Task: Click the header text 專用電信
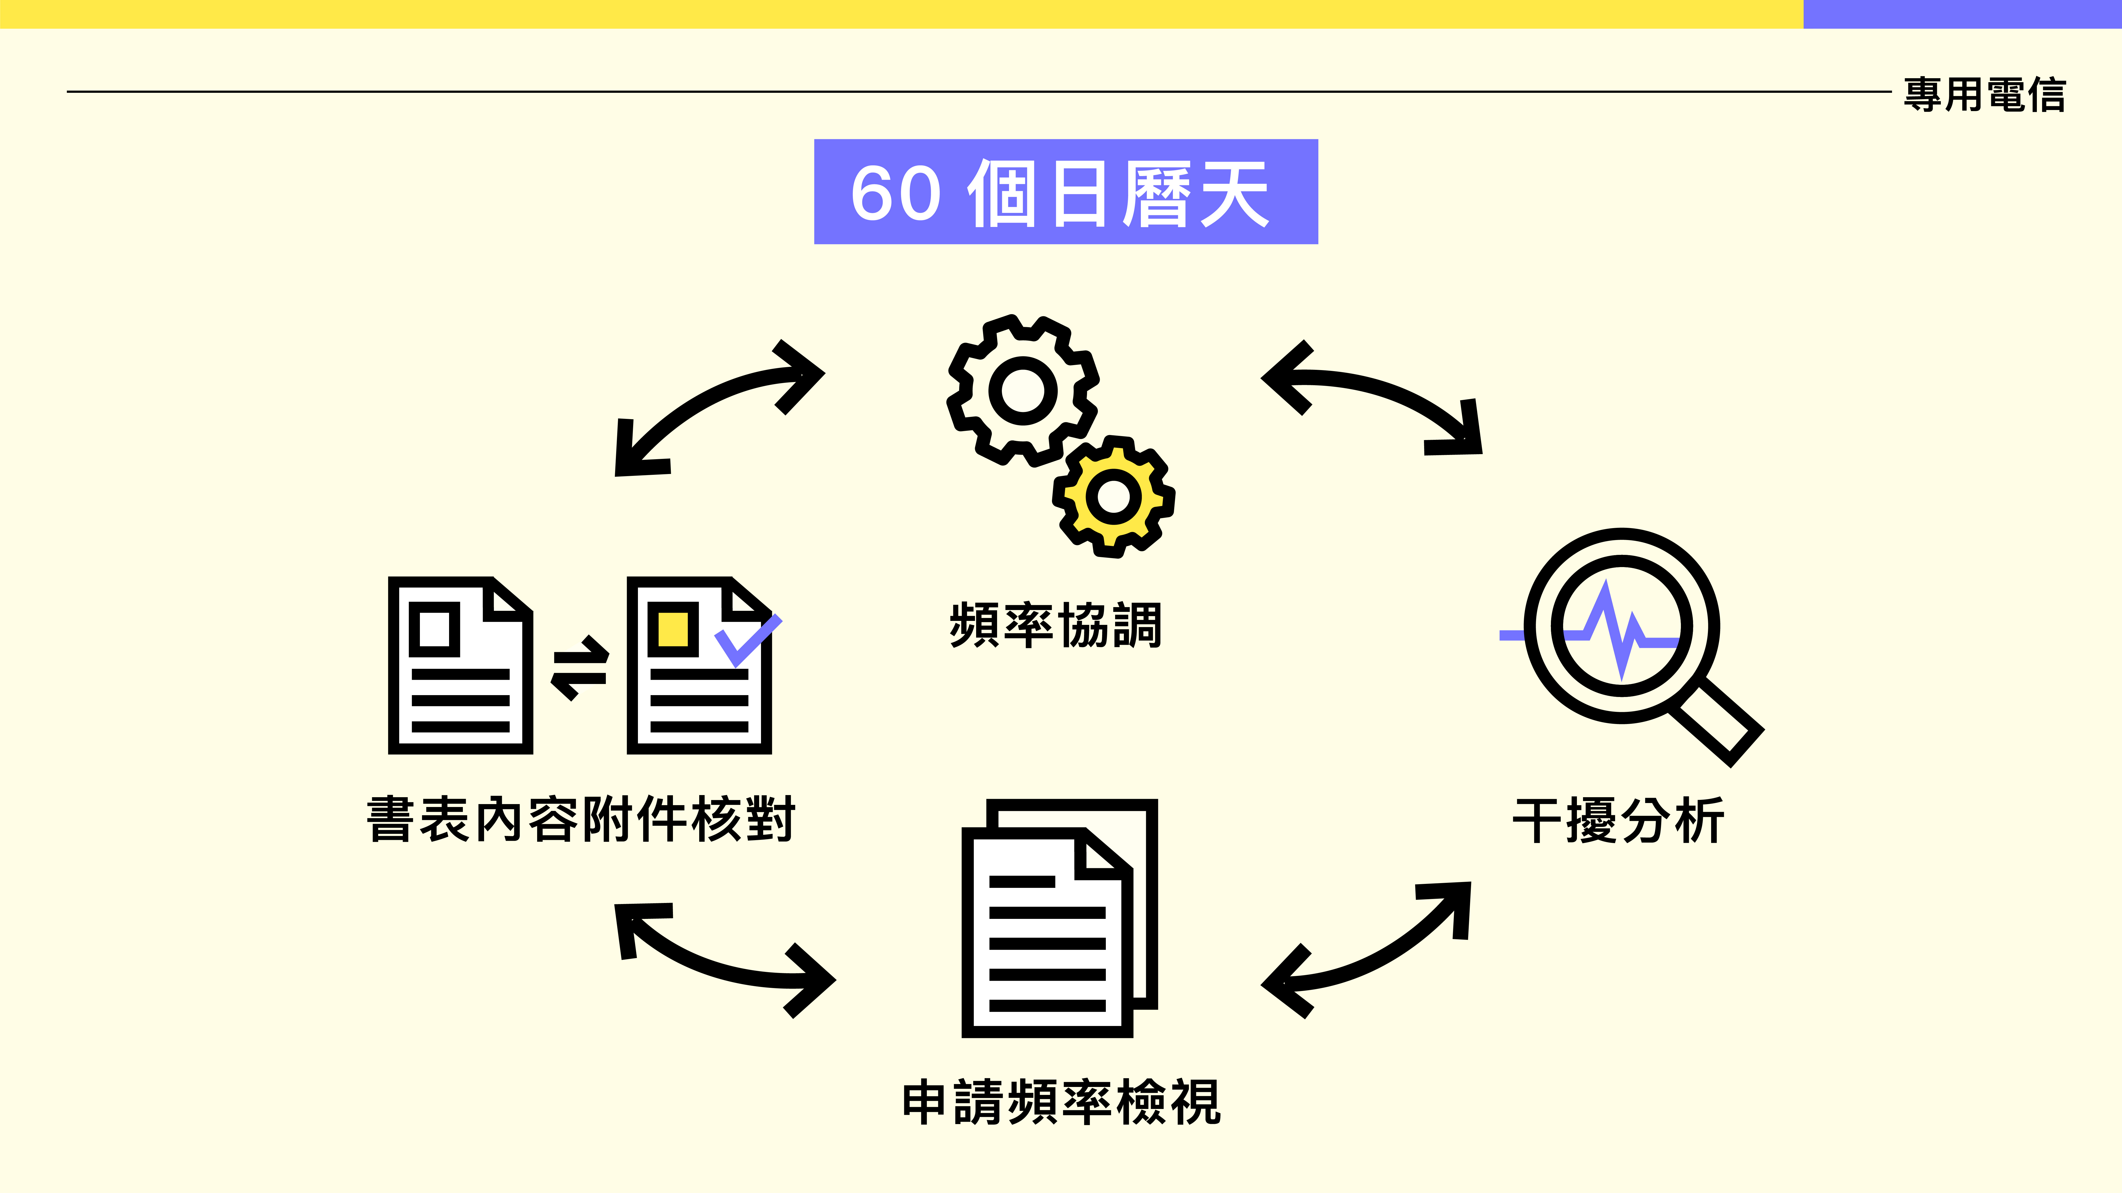point(1984,95)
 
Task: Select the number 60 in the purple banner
point(895,194)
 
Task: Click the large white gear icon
point(1022,389)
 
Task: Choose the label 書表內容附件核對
point(581,819)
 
